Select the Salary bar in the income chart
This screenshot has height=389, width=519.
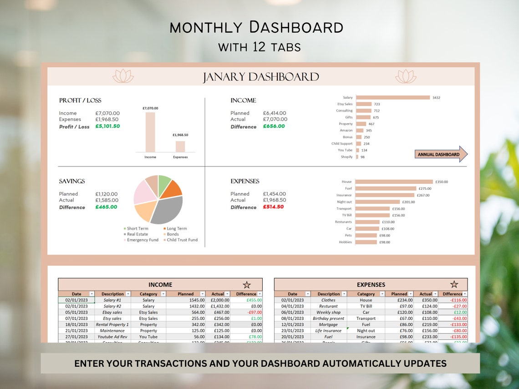coord(392,97)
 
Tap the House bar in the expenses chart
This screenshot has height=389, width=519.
coord(394,182)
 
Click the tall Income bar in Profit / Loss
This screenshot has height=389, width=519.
coord(150,132)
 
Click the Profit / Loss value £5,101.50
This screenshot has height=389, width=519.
coord(107,126)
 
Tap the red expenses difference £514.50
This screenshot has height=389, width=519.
coord(273,207)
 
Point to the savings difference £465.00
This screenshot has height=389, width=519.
coord(106,207)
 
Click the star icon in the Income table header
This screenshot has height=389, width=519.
coord(247,285)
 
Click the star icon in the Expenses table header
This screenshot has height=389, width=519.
coord(454,284)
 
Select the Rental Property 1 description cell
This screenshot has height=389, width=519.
coord(112,324)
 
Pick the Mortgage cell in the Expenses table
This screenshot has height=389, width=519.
coord(328,324)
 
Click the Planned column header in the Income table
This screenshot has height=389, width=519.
coord(186,294)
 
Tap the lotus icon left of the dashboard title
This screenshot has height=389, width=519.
coord(123,76)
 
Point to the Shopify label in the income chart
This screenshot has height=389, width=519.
coord(347,157)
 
